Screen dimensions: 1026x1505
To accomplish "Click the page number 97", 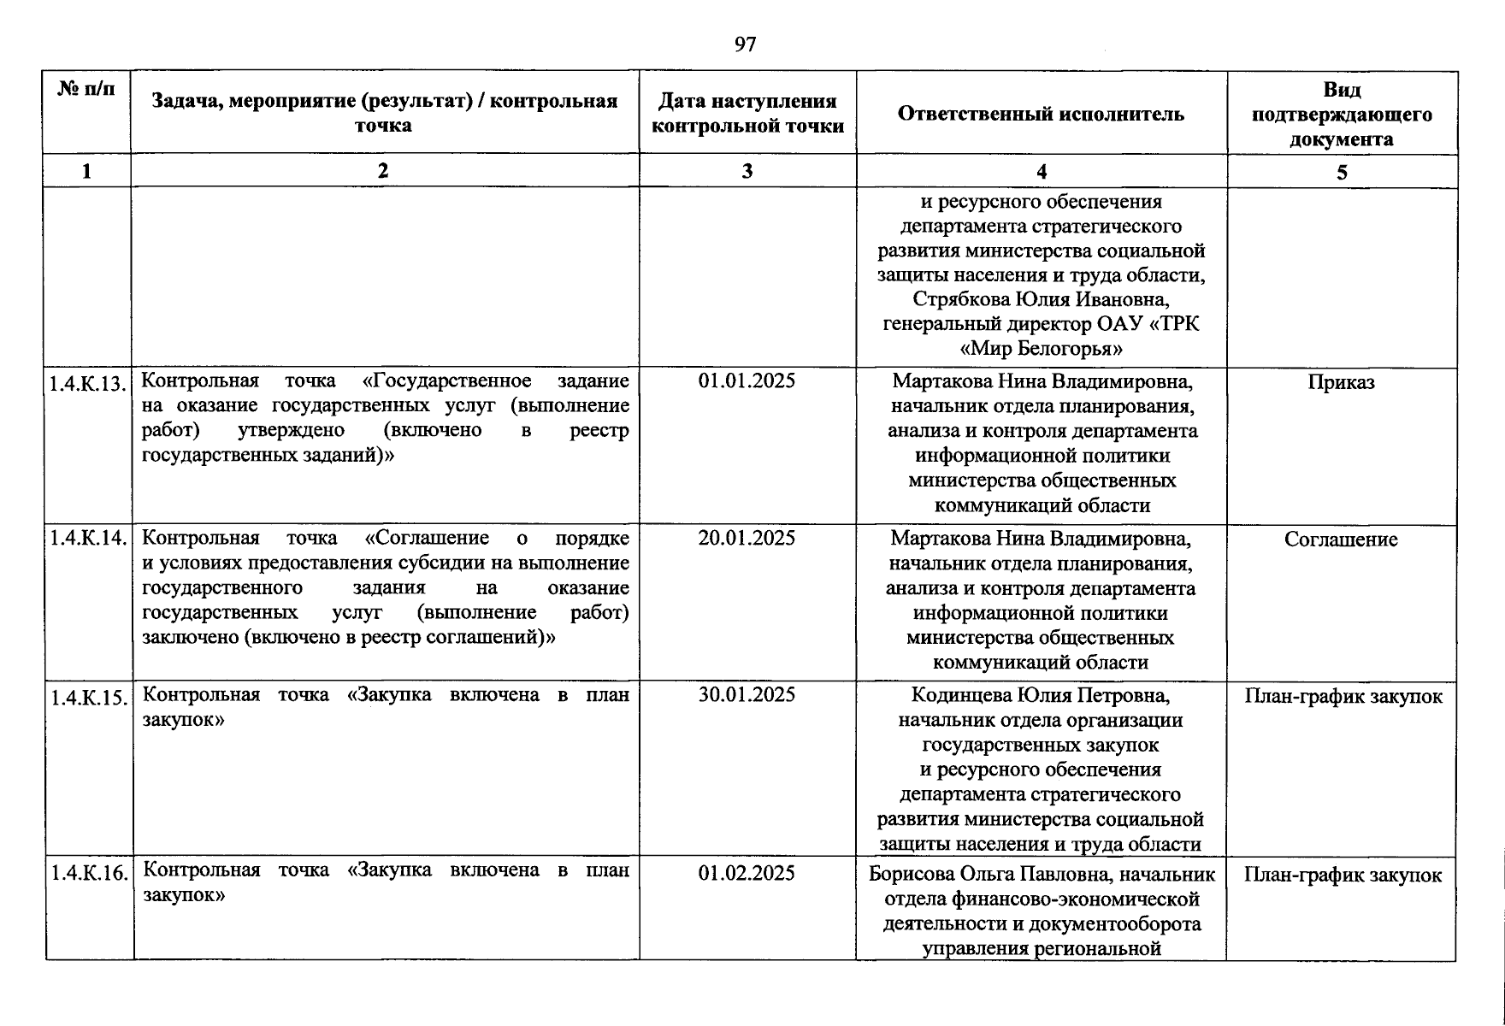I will click(745, 44).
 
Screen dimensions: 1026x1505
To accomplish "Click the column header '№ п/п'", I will click(86, 89).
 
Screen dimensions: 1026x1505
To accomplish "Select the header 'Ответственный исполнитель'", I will click(1041, 114).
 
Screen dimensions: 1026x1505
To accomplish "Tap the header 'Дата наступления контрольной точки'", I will click(747, 114).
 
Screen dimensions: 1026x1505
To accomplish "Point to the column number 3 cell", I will click(747, 171).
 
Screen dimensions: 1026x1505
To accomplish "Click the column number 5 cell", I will click(1342, 173).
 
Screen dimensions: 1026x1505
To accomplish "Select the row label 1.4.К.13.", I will click(88, 383).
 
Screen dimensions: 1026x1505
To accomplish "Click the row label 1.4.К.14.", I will click(88, 539).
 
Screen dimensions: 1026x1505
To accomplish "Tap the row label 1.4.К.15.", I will click(88, 698).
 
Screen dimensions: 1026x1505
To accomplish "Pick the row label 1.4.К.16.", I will click(88, 874).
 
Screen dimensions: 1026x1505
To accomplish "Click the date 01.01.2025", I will click(747, 381).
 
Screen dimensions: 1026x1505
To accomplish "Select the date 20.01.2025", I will click(747, 539).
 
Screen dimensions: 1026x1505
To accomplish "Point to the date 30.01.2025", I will click(747, 695).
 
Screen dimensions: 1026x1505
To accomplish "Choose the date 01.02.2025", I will click(747, 874).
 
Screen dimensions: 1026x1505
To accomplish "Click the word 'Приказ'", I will click(1341, 383).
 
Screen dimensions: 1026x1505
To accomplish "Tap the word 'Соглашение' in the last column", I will click(1341, 540).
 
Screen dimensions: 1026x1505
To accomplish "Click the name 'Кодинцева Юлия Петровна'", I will click(1040, 695).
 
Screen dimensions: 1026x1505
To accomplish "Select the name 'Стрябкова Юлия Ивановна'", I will click(1040, 300).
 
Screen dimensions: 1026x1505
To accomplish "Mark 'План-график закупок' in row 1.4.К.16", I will click(1343, 876).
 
